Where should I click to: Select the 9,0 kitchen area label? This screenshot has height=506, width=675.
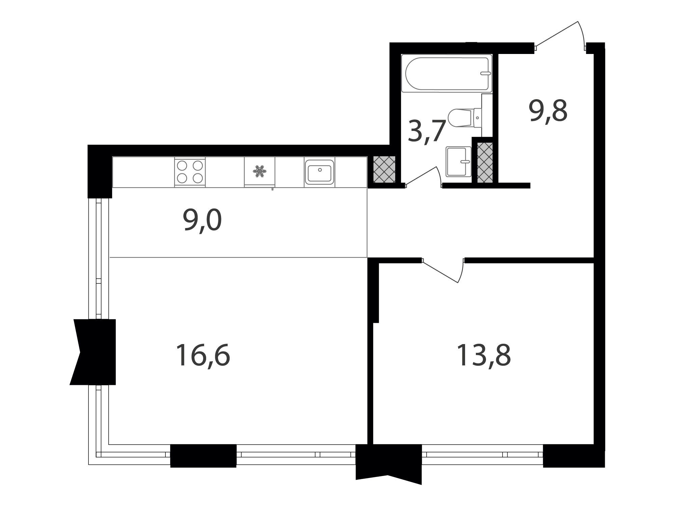click(202, 221)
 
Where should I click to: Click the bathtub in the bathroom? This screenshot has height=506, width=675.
click(447, 73)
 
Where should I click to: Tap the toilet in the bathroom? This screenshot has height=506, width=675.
click(464, 118)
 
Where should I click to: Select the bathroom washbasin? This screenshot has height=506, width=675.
click(458, 162)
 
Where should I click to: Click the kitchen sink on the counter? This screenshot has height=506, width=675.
click(319, 172)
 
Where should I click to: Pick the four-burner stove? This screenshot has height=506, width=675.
click(190, 172)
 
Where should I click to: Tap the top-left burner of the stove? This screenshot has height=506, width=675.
click(182, 166)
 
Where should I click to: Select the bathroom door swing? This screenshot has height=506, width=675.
click(424, 175)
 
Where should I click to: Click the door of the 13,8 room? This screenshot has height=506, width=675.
click(443, 270)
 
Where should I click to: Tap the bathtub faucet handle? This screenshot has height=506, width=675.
click(486, 73)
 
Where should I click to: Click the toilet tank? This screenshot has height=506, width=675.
click(478, 118)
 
